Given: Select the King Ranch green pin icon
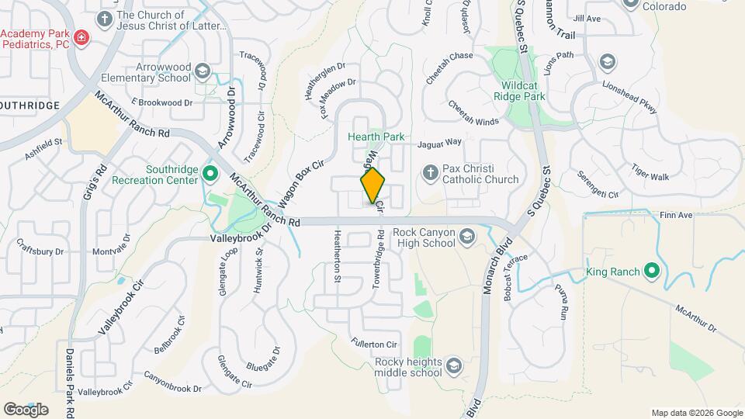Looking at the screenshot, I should click(652, 271).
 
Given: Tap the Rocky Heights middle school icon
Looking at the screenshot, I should click(452, 365).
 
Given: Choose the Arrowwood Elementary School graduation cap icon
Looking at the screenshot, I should click(203, 71).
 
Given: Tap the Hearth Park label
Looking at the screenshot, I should click(376, 137).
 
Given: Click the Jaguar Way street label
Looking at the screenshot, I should click(439, 143).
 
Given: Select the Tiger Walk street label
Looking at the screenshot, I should click(650, 171).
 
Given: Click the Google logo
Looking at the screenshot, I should click(26, 409).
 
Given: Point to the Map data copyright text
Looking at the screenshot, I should click(696, 413).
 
